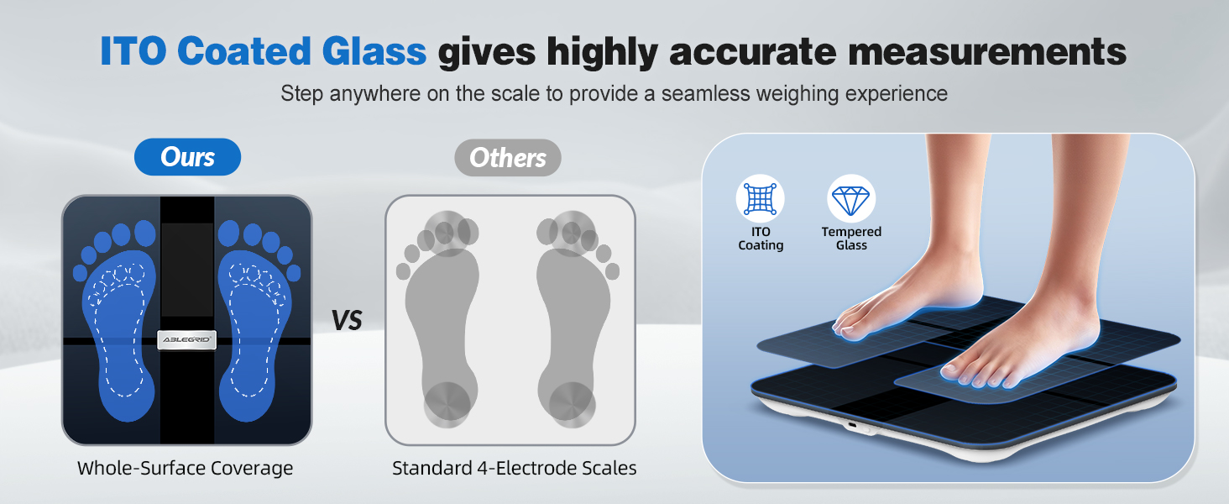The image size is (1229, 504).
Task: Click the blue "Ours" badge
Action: [187, 157]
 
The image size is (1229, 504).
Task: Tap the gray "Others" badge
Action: [508, 157]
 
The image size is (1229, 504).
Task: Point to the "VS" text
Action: [346, 320]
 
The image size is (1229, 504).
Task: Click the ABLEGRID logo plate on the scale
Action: [186, 339]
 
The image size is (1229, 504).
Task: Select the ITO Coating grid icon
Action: [760, 199]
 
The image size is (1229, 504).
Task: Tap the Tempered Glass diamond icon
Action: [851, 199]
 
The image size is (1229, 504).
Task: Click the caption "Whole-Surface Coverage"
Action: [186, 468]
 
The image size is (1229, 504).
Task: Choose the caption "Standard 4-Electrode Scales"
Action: [514, 468]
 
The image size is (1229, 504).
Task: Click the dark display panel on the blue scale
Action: [186, 269]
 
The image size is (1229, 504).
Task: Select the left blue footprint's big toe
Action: [145, 233]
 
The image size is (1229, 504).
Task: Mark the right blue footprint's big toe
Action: [228, 233]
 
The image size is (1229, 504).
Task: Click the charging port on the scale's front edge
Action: [853, 426]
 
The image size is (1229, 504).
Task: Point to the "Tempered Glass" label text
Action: [851, 239]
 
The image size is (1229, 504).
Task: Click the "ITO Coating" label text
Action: [761, 239]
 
